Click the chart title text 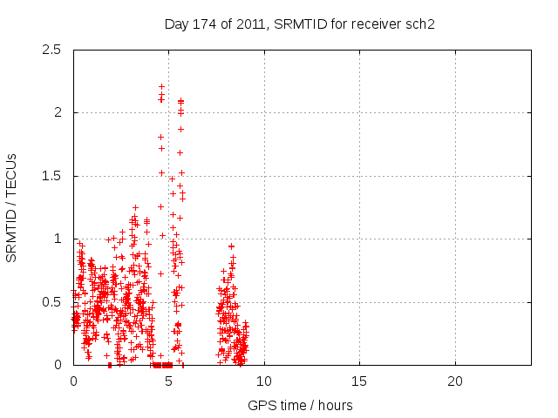point(300,24)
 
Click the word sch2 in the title point(421,24)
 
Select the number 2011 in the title point(242,24)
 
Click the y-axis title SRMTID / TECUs point(11,206)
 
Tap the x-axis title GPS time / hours point(300,405)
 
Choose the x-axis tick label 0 point(73,381)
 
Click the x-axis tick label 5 point(168,381)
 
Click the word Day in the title point(176,24)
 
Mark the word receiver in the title point(379,24)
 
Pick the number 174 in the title point(201,24)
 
